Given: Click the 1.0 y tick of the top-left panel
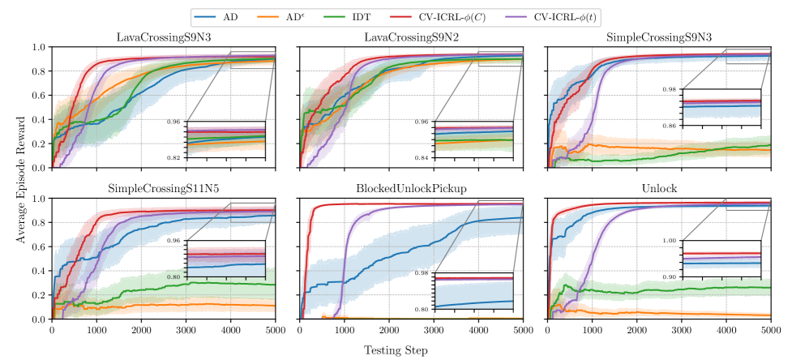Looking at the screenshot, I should coord(39,47).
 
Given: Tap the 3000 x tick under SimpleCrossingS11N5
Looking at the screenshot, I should coord(186,331).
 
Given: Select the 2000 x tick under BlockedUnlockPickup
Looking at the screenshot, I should coord(388,331).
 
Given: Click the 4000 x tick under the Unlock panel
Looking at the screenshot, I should coord(726,331).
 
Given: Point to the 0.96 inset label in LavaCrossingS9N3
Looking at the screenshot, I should coord(173,122).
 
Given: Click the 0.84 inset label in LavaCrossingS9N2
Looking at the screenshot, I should coord(422,157).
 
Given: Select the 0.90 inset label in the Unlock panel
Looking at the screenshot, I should coord(670,277).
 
